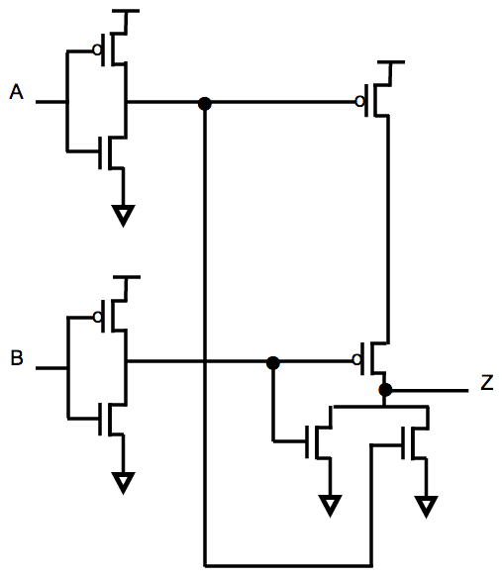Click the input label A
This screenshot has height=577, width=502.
click(x=17, y=92)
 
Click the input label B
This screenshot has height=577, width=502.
click(x=17, y=357)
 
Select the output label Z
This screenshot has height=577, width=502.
click(x=486, y=382)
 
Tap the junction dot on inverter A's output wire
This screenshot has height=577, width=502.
click(x=205, y=104)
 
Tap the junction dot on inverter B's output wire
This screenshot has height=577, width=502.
click(x=272, y=363)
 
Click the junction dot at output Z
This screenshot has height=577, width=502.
click(x=385, y=390)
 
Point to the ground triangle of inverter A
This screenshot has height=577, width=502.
click(x=124, y=216)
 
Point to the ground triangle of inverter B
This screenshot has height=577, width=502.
click(x=124, y=483)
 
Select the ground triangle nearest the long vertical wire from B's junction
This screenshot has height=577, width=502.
click(x=330, y=506)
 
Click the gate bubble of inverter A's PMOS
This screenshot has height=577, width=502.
click(x=97, y=49)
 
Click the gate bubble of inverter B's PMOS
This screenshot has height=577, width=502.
click(x=97, y=317)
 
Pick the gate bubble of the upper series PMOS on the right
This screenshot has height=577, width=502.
click(x=360, y=101)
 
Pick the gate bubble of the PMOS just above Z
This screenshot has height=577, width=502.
click(x=356, y=359)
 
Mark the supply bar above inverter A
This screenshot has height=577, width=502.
click(x=126, y=11)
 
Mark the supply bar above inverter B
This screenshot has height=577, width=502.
click(x=126, y=277)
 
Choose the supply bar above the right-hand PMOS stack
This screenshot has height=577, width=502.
click(x=391, y=62)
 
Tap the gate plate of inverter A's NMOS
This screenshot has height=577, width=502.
click(x=100, y=153)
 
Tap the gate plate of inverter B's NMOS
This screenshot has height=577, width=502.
click(x=100, y=420)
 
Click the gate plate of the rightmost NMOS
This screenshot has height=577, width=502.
click(x=403, y=443)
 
